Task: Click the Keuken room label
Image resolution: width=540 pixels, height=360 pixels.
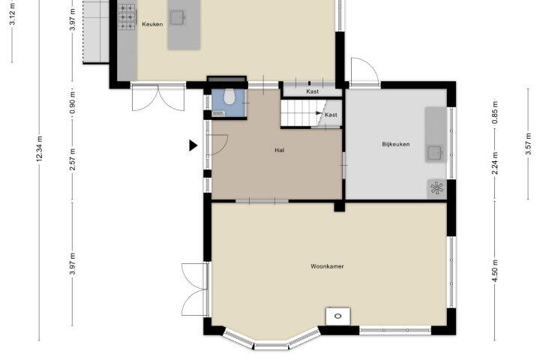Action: click(152, 24)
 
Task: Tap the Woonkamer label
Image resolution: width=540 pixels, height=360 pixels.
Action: click(327, 266)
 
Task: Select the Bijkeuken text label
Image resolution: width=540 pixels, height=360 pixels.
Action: click(396, 144)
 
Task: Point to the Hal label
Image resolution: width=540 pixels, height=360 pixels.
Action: click(279, 150)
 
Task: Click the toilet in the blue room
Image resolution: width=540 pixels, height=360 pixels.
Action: click(229, 97)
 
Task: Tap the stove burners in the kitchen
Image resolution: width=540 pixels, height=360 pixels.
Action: click(127, 16)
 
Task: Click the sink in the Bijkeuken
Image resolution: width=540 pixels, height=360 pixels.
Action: click(434, 152)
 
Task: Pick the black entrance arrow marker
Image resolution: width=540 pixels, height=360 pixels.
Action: click(193, 145)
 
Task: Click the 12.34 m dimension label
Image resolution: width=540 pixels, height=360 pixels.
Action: click(39, 148)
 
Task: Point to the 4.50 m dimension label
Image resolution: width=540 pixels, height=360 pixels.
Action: click(495, 271)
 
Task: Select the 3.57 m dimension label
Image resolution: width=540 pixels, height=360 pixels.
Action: click(528, 144)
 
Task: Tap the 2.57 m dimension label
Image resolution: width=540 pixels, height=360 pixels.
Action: click(72, 159)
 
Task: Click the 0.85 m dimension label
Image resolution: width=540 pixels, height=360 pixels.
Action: click(495, 112)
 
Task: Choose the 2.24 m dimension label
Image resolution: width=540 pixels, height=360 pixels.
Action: click(495, 163)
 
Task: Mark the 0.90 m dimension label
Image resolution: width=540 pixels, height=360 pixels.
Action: click(72, 102)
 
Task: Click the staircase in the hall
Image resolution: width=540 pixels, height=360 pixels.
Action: click(299, 113)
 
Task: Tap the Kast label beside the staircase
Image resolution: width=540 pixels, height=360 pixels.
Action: click(331, 115)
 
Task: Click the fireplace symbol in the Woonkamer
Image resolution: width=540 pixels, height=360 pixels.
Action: click(338, 316)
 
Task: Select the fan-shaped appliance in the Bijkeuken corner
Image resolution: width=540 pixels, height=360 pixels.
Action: click(436, 188)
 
